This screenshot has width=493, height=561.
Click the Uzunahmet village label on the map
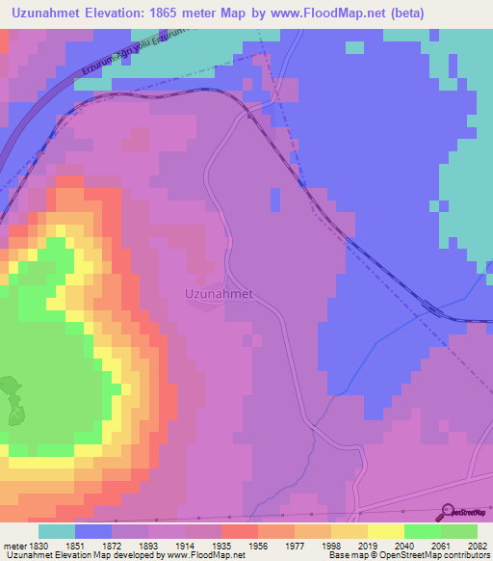[219, 294]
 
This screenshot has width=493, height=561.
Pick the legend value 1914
[202, 544]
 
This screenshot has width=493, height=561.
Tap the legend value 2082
[477, 544]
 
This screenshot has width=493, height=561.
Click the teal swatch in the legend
[57, 531]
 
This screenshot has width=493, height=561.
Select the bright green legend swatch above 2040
[423, 531]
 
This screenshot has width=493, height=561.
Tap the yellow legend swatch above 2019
[350, 531]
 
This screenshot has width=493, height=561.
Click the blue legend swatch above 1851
[93, 531]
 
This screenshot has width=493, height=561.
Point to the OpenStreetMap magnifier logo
[444, 512]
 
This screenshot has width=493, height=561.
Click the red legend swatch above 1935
[240, 531]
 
